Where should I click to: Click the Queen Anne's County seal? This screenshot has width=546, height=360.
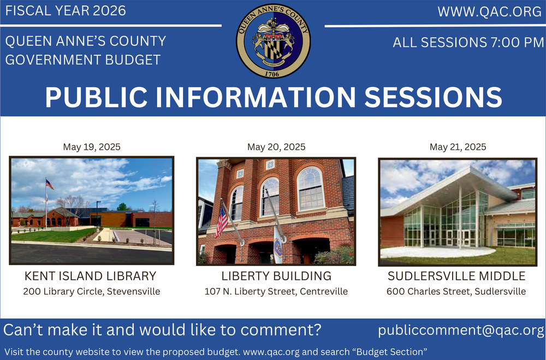coord(274,41)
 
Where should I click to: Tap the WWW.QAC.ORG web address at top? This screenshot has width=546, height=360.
coord(490,11)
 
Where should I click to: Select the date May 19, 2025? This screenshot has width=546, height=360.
coord(92,147)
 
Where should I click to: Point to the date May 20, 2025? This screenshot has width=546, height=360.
coord(276,147)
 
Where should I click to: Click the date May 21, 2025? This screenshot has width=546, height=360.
coord(458,147)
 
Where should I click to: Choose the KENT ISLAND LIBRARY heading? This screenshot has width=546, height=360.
coord(91,276)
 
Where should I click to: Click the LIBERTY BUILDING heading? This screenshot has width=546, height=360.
coord(276,276)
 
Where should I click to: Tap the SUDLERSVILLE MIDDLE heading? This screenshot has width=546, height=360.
coord(456,276)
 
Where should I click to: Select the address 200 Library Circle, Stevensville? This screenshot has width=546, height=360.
coord(92,291)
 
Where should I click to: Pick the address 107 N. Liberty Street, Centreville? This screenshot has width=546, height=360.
coord(276,291)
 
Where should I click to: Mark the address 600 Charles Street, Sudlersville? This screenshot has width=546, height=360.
coord(456,291)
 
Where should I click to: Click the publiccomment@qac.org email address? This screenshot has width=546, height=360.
coord(461,330)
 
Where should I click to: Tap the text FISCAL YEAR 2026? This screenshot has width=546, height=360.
coord(66,10)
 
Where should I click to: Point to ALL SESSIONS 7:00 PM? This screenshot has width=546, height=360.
coord(468,43)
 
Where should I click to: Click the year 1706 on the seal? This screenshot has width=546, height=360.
coord(272,74)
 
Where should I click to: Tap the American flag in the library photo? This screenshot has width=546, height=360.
coord(50,184)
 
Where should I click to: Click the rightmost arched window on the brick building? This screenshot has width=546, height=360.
coord(311,188)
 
